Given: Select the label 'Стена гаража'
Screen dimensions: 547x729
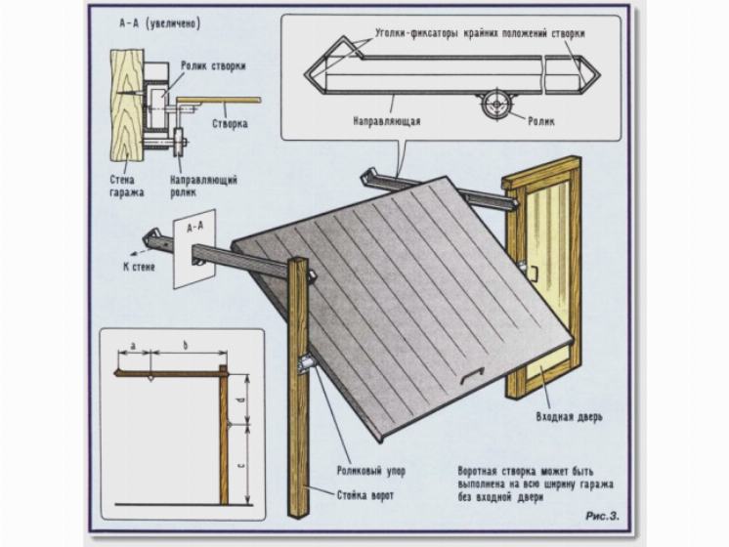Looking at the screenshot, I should tap(127, 187).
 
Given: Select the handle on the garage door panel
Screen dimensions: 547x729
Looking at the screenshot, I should tap(474, 377).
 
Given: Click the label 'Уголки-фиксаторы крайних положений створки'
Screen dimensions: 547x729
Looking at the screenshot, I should tap(479, 32).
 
